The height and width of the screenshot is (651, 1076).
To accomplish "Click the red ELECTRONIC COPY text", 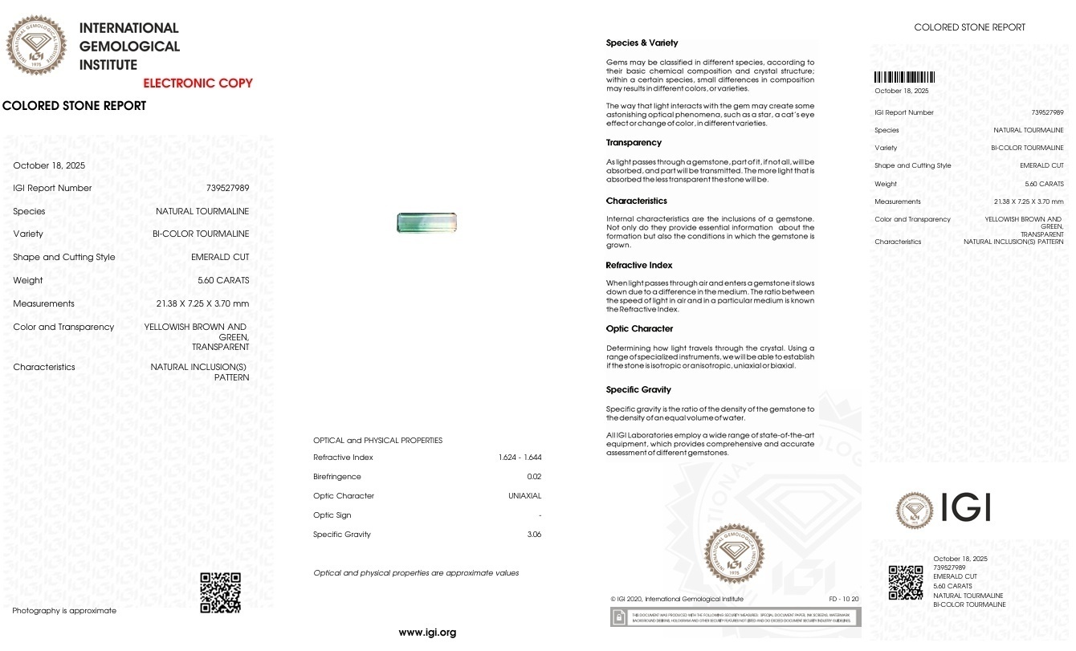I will [198, 83].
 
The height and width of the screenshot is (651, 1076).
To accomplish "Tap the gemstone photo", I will [426, 222].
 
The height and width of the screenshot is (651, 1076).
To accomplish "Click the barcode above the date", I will [904, 78].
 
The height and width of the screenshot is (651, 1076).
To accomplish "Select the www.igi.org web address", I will [427, 633].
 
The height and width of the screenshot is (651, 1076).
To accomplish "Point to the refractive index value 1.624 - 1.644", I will [520, 458].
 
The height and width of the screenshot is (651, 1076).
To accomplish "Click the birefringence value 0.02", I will [534, 477].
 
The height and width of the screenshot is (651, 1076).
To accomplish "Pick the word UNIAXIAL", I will [524, 496].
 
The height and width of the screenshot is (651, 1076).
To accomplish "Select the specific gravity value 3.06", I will [534, 535].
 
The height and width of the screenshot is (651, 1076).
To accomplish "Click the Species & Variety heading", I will [642, 43].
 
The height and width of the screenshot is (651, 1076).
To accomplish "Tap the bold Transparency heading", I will [634, 143].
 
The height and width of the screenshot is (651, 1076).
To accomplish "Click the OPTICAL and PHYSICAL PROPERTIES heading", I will [377, 441].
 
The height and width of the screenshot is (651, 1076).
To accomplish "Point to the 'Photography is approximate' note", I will [64, 611].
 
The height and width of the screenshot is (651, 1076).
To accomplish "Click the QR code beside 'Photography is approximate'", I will [220, 592].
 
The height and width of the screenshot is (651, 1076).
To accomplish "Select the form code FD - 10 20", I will [844, 600].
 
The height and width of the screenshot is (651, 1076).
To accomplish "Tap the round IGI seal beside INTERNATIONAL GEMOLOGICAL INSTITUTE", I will [36, 45].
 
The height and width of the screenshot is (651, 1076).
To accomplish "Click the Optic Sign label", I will [332, 515].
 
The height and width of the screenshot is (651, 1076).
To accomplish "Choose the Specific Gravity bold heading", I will [638, 390].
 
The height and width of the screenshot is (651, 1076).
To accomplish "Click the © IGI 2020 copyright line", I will [676, 600].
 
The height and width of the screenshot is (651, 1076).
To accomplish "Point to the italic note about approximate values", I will [416, 573].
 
